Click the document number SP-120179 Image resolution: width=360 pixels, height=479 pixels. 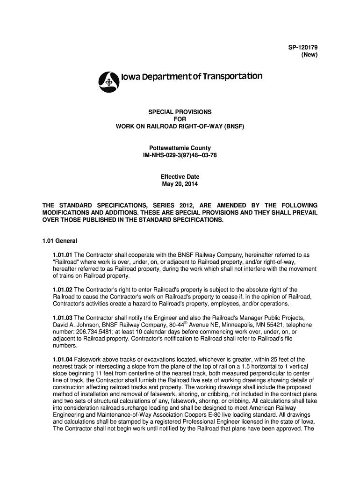(x=302, y=48)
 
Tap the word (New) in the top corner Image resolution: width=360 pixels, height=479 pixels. (x=309, y=55)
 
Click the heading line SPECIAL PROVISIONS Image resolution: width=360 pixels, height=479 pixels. (x=180, y=112)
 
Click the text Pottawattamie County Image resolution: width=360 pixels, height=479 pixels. (x=180, y=148)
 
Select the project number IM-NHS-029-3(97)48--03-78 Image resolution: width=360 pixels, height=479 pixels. (x=180, y=155)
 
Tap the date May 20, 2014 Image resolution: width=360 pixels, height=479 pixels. (x=180, y=184)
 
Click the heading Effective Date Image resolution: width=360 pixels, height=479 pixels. (x=180, y=177)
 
